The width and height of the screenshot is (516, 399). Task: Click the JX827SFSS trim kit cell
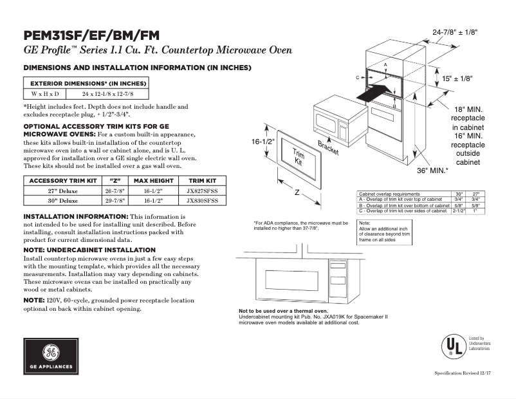[201, 191]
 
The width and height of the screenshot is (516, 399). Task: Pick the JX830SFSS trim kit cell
[201, 201]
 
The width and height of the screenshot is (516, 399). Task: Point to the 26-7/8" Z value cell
[116, 191]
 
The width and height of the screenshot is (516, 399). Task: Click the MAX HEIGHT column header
[154, 180]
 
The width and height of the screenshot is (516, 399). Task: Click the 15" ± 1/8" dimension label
[457, 78]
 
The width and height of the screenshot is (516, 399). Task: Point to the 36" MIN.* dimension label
[432, 171]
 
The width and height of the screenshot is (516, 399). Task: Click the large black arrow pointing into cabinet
[374, 92]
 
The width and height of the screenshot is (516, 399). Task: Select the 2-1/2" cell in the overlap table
[459, 210]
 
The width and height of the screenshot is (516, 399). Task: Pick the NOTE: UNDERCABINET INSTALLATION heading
[89, 250]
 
